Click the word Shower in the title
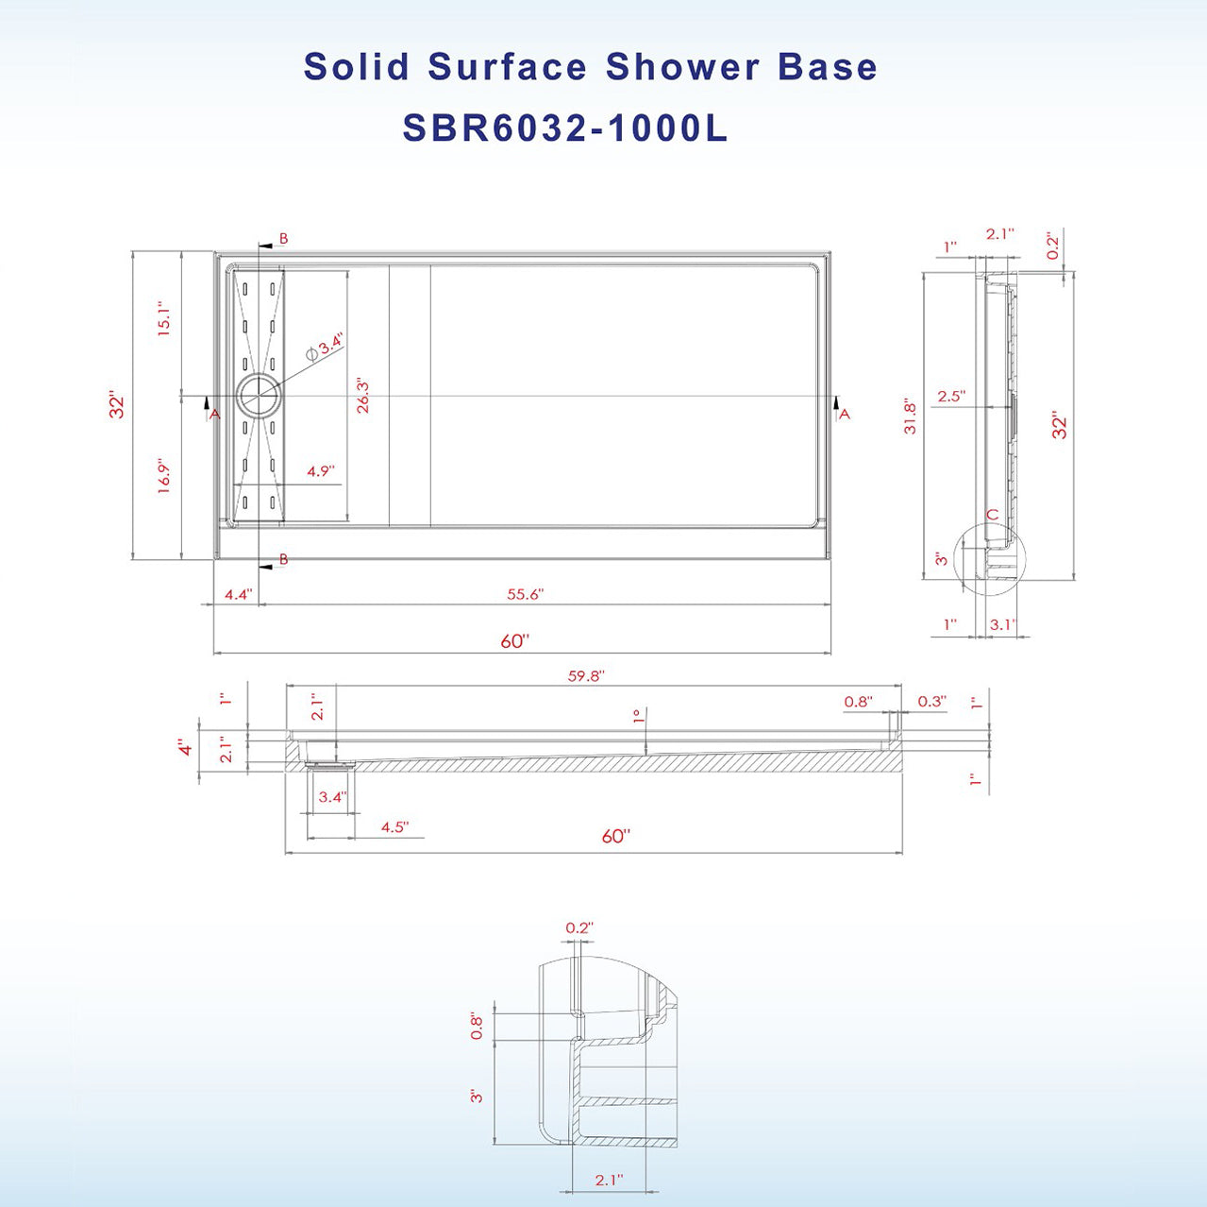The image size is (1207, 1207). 682,67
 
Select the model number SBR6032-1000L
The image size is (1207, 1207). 564,128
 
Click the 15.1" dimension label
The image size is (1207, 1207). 164,319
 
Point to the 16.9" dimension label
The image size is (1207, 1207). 164,477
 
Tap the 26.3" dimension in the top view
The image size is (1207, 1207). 362,396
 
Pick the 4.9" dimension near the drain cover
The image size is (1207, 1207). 321,470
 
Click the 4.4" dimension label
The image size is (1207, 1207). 238,594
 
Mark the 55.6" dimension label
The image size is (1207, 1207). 525,594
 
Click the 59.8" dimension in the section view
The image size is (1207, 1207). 585,676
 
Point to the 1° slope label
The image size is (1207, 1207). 638,716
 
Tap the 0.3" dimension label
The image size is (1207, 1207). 930,701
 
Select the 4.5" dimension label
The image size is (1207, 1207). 394,827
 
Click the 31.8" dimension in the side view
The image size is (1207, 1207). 910,416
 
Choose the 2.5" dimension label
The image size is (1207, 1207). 950,397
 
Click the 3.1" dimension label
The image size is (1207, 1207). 1001,624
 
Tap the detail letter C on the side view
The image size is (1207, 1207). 992,515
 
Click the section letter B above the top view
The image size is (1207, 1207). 283,239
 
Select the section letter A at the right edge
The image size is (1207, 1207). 845,414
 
